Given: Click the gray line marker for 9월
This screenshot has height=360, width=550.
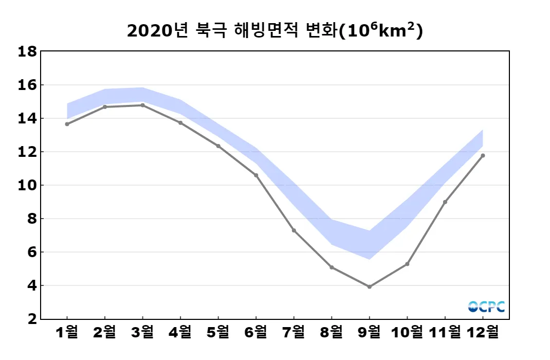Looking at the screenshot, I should [369, 286].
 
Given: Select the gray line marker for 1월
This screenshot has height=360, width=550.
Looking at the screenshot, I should [67, 124].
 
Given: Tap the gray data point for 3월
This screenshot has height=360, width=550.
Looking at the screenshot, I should [142, 105].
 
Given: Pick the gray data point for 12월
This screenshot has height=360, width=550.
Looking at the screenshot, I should [483, 155].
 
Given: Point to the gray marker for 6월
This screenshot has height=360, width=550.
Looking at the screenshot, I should [256, 175].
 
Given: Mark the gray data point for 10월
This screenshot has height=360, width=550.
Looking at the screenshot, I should [407, 264].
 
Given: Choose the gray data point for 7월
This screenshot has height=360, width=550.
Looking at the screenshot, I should [294, 230].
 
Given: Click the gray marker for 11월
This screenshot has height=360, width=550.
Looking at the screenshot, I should [445, 202].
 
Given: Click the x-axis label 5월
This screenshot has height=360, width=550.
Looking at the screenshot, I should [218, 332].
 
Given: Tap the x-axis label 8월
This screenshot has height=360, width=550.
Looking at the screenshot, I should [332, 332].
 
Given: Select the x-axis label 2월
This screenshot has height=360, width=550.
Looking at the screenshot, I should [104, 332].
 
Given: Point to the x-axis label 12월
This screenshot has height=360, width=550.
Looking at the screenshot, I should [483, 332].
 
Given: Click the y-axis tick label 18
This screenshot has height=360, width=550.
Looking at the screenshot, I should [27, 51].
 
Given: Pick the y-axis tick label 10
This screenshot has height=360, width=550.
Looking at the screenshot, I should [27, 185].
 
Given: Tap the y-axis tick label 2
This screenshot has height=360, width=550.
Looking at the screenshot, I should [31, 319].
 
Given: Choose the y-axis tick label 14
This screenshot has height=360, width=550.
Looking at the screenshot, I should [27, 118].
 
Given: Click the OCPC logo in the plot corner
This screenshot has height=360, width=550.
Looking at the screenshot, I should [486, 307].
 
